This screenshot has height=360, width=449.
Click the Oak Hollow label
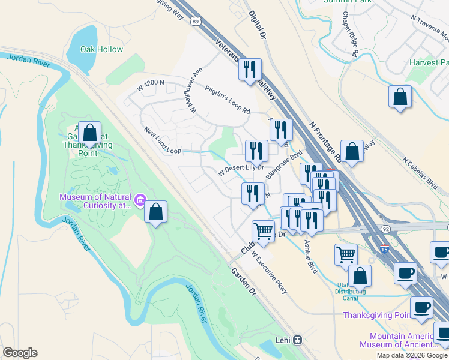coord(101,50)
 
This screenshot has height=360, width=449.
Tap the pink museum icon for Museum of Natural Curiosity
coord(140,199)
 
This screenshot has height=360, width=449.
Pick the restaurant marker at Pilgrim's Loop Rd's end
coord(281,130)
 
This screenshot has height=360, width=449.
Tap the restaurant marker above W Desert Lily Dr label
coord(256,151)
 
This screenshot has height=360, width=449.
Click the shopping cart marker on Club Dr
coord(262,232)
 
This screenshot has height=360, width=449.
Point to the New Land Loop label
coord(162,140)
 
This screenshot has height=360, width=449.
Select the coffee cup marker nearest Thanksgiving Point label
coord(421,307)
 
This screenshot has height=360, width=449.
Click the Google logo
coord(20,353)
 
